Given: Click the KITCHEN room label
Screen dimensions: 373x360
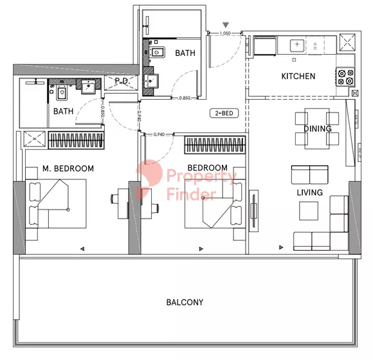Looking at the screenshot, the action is (x=298, y=76).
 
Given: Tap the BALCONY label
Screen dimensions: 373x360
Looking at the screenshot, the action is (x=185, y=302).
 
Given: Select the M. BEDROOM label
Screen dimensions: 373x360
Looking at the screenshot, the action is (x=68, y=168).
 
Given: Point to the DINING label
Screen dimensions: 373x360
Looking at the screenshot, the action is (x=318, y=129).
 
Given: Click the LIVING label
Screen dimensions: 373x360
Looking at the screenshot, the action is (x=310, y=192).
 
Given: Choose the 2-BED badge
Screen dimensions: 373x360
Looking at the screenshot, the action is (x=224, y=113).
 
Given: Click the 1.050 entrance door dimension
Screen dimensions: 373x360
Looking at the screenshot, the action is (x=225, y=33).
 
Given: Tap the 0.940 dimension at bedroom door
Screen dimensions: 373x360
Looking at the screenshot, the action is (x=159, y=134).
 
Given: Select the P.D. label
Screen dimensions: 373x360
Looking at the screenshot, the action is (x=122, y=81).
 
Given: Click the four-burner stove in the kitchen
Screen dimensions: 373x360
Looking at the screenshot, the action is (x=345, y=77).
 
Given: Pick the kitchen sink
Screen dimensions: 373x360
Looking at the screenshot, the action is (x=297, y=45).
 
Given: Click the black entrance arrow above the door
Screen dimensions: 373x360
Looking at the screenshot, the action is (x=226, y=25).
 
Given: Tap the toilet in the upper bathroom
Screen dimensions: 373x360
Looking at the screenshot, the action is (x=157, y=52).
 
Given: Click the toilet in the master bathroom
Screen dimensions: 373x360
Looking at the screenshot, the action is (x=62, y=93).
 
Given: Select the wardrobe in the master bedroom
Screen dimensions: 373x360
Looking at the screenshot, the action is (x=76, y=140).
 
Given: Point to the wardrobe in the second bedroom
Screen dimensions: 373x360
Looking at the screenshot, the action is (x=215, y=145).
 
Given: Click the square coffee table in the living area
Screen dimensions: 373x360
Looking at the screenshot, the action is (x=309, y=211).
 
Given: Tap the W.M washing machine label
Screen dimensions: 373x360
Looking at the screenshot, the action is (x=315, y=46).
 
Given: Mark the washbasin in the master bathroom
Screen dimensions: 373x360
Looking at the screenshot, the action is (x=88, y=86).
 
